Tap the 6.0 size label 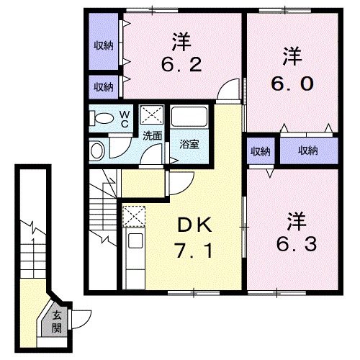293,83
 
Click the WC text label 123,117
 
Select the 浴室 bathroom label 189,142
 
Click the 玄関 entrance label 57,321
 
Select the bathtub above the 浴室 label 191,119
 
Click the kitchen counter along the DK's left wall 133,259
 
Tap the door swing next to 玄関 84,318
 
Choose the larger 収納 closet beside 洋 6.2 104,45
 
